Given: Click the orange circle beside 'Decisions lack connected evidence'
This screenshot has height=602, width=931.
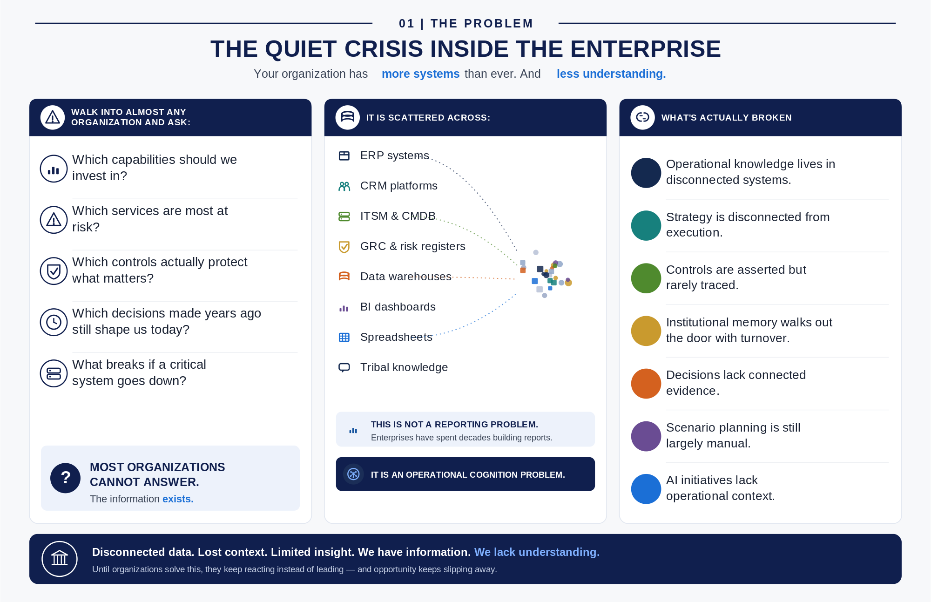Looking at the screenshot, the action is click(x=646, y=384).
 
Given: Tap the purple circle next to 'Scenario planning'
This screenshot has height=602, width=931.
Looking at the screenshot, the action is click(x=646, y=436).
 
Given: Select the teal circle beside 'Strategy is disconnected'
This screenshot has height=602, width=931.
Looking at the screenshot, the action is click(x=646, y=225).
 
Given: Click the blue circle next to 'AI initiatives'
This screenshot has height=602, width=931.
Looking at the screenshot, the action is click(x=646, y=489).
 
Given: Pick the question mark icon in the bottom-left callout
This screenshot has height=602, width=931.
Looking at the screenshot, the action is click(x=66, y=478).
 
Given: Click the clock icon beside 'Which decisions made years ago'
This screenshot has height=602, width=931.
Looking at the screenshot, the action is click(x=54, y=322).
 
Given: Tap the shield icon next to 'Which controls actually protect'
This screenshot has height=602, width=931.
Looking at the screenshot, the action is click(x=54, y=271).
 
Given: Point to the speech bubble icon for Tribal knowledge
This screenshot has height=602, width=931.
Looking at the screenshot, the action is click(x=344, y=368).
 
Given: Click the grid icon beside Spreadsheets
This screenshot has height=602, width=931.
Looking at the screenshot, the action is click(x=344, y=338).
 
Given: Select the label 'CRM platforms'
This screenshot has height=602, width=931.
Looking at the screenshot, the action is click(x=399, y=186).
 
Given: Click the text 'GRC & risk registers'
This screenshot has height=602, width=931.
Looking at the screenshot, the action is click(x=413, y=246).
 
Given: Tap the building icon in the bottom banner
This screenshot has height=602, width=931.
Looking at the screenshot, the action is click(x=60, y=559).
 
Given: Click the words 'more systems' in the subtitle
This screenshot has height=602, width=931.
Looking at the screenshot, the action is click(x=421, y=74).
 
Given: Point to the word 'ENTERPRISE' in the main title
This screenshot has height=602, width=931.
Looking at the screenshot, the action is click(x=646, y=49).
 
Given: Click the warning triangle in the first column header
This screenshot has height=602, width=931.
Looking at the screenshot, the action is click(x=53, y=117).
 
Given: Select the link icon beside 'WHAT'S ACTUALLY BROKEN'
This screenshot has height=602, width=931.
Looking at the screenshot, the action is click(x=642, y=117).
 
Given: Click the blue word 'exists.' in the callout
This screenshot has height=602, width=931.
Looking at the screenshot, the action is click(x=178, y=499).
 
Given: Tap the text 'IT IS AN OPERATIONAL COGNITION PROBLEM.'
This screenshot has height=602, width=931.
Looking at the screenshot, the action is click(x=468, y=475).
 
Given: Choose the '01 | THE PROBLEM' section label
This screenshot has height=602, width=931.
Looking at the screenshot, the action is click(x=466, y=23).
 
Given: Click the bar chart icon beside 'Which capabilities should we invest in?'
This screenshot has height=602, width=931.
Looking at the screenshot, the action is click(x=54, y=169).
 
